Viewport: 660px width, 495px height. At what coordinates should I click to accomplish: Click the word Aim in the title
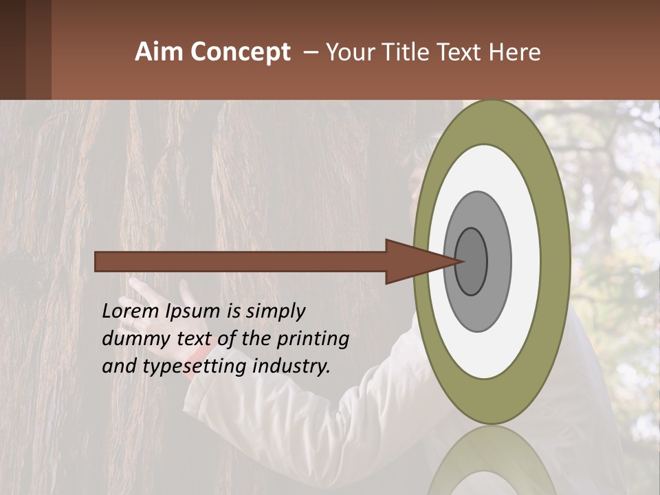click(x=159, y=52)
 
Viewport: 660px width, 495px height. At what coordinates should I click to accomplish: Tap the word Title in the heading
click(x=415, y=52)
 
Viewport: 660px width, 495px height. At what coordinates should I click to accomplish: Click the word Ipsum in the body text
click(x=193, y=311)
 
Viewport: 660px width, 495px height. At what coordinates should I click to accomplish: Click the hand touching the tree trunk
click(x=141, y=289)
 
